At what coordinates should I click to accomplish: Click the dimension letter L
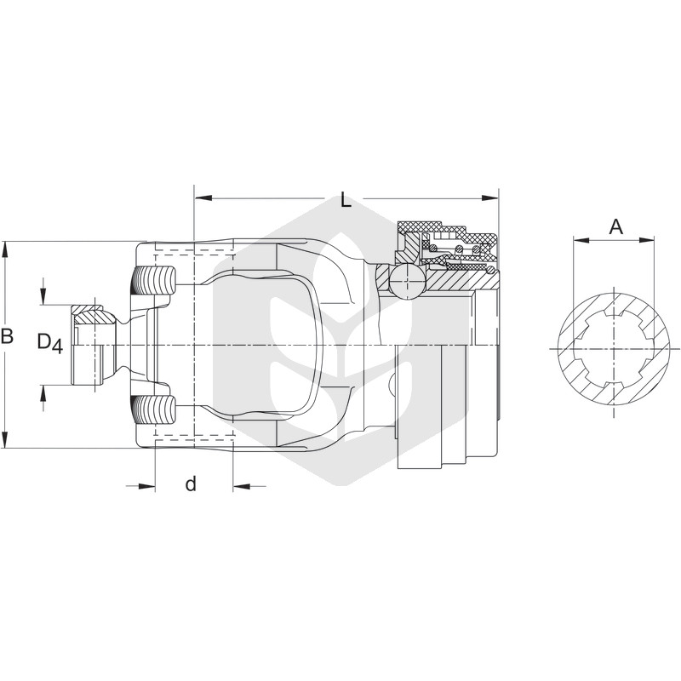click(346, 200)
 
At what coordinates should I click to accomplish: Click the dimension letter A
click(615, 226)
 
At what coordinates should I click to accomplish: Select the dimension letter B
click(7, 336)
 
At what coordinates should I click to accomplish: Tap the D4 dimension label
click(50, 343)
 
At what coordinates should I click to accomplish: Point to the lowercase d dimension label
click(191, 483)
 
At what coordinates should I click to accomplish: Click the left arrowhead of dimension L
click(203, 198)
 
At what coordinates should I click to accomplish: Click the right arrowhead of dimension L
click(490, 198)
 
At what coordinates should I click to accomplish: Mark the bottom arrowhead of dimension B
click(5, 438)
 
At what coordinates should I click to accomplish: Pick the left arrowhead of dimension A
click(581, 239)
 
